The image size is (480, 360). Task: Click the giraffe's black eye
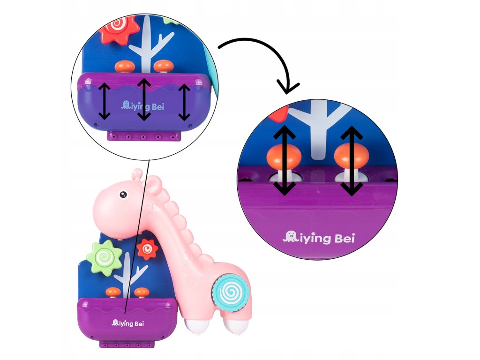[x=123, y=194]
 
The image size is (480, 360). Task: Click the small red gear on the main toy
[x=147, y=250]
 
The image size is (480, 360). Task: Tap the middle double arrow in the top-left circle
[x=144, y=99]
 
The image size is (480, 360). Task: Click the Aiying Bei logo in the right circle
[x=319, y=238]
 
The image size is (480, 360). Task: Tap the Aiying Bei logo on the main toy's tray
[x=128, y=323]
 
